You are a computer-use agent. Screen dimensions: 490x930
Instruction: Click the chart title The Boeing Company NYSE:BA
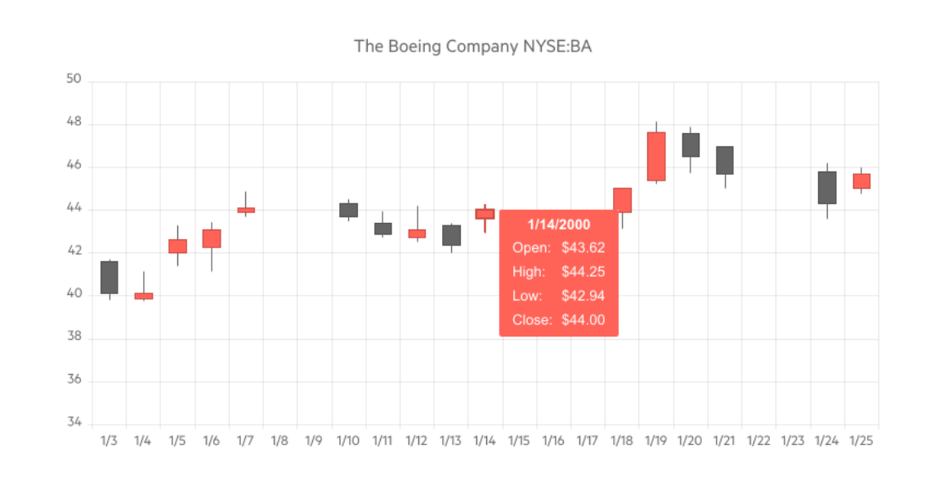(x=472, y=46)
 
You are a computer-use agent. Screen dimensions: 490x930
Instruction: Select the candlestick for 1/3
(x=109, y=278)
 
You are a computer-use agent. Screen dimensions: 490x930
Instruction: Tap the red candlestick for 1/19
(x=655, y=156)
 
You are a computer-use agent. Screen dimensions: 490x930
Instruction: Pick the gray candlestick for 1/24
(x=826, y=187)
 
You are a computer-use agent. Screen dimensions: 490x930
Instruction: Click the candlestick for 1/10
(x=348, y=210)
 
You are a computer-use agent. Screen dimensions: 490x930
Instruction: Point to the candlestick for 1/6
(x=212, y=238)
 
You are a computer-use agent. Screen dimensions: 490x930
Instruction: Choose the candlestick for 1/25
(x=861, y=181)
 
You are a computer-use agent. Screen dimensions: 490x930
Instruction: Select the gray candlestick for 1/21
(x=724, y=160)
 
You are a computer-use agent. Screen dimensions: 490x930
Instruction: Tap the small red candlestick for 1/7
(x=246, y=210)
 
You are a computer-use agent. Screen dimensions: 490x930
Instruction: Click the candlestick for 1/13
(x=451, y=235)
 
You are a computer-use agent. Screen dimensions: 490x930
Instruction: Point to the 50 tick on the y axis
(x=74, y=80)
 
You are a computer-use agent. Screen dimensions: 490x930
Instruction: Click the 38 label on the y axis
(x=74, y=337)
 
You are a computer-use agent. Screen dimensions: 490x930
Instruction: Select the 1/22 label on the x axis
(x=758, y=441)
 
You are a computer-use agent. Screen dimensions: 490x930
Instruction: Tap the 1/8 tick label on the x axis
(x=279, y=441)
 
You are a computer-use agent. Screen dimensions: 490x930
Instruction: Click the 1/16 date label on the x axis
(x=553, y=441)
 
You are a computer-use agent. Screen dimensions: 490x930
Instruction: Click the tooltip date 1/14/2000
(x=559, y=224)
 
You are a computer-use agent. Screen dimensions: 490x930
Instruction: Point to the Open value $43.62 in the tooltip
(x=583, y=247)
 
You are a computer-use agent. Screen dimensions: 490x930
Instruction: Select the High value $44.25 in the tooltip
(x=583, y=272)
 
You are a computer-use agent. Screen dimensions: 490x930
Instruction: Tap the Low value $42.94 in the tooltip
(x=583, y=296)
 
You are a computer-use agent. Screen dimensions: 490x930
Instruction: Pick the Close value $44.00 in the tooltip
(x=583, y=320)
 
